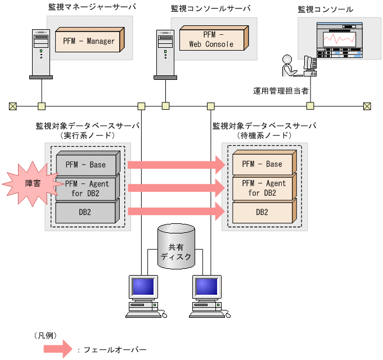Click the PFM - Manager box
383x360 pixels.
point(89,41)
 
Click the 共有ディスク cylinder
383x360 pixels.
point(176,247)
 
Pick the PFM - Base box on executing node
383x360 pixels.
point(89,164)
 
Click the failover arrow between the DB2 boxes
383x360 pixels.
point(177,212)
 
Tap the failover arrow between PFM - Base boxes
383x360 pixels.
point(177,164)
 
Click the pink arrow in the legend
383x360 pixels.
point(58,349)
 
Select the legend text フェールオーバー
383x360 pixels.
point(115,350)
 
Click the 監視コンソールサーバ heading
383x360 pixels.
point(210,9)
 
